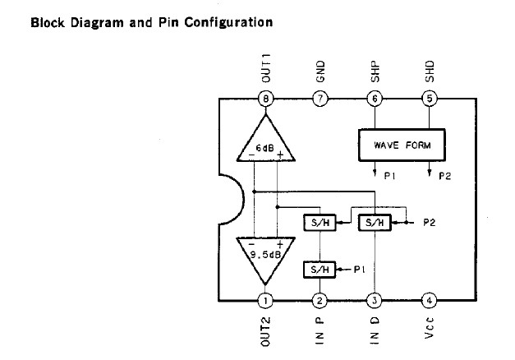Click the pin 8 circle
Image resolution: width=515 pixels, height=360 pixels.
pyautogui.click(x=265, y=99)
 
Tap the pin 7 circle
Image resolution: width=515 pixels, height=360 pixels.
pyautogui.click(x=320, y=99)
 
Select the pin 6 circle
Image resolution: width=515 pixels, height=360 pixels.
pyautogui.click(x=375, y=99)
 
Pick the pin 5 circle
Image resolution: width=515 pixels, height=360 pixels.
pyautogui.click(x=429, y=99)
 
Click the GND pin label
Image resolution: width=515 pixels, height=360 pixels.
pyautogui.click(x=320, y=69)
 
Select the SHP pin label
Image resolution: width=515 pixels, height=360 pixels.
pyautogui.click(x=375, y=69)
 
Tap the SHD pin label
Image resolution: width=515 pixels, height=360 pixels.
pyautogui.click(x=429, y=69)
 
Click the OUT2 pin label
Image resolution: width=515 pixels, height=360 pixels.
pyautogui.click(x=265, y=333)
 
